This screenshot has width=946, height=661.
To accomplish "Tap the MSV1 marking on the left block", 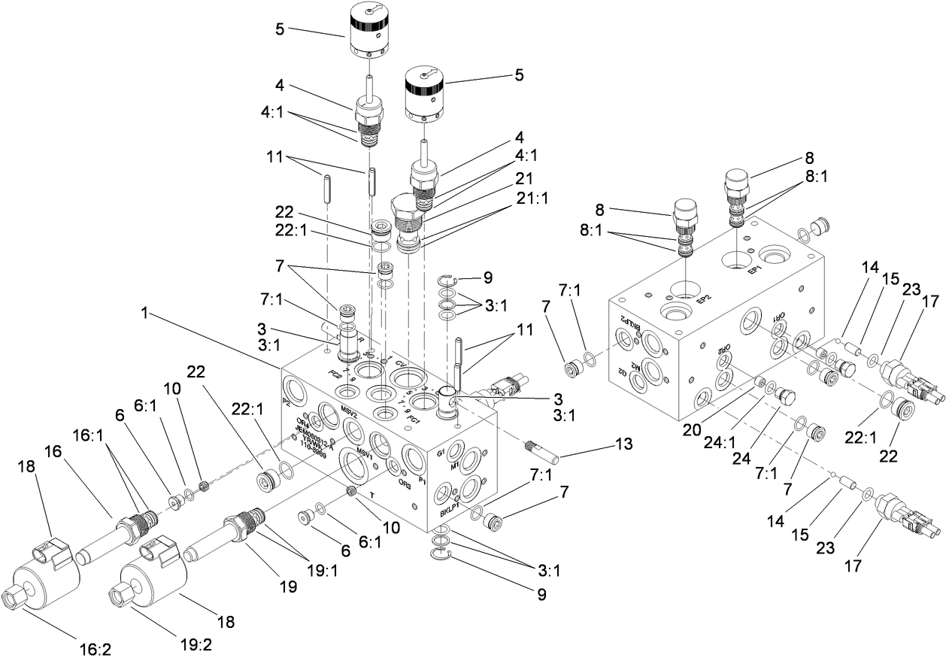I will click(365, 454).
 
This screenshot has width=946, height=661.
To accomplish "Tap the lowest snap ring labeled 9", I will click(442, 555).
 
